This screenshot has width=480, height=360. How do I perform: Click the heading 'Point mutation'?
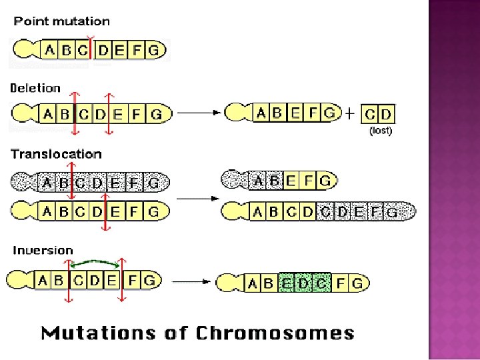pyautogui.click(x=62, y=21)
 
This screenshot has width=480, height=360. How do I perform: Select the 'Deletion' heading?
pyautogui.click(x=35, y=88)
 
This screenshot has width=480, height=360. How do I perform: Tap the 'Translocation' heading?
pyautogui.click(x=56, y=154)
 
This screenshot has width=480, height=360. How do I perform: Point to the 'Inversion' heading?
pyautogui.click(x=43, y=251)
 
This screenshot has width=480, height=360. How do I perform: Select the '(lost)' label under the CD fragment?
pyautogui.click(x=381, y=131)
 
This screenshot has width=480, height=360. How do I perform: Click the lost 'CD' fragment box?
pyautogui.click(x=378, y=114)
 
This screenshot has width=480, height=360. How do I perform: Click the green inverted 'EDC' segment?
pyautogui.click(x=305, y=283)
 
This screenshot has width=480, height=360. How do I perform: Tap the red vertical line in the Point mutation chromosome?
pyautogui.click(x=90, y=51)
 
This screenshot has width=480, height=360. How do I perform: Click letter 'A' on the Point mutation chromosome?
pyautogui.click(x=49, y=50)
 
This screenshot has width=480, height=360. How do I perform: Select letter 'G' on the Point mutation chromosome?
pyautogui.click(x=154, y=50)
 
